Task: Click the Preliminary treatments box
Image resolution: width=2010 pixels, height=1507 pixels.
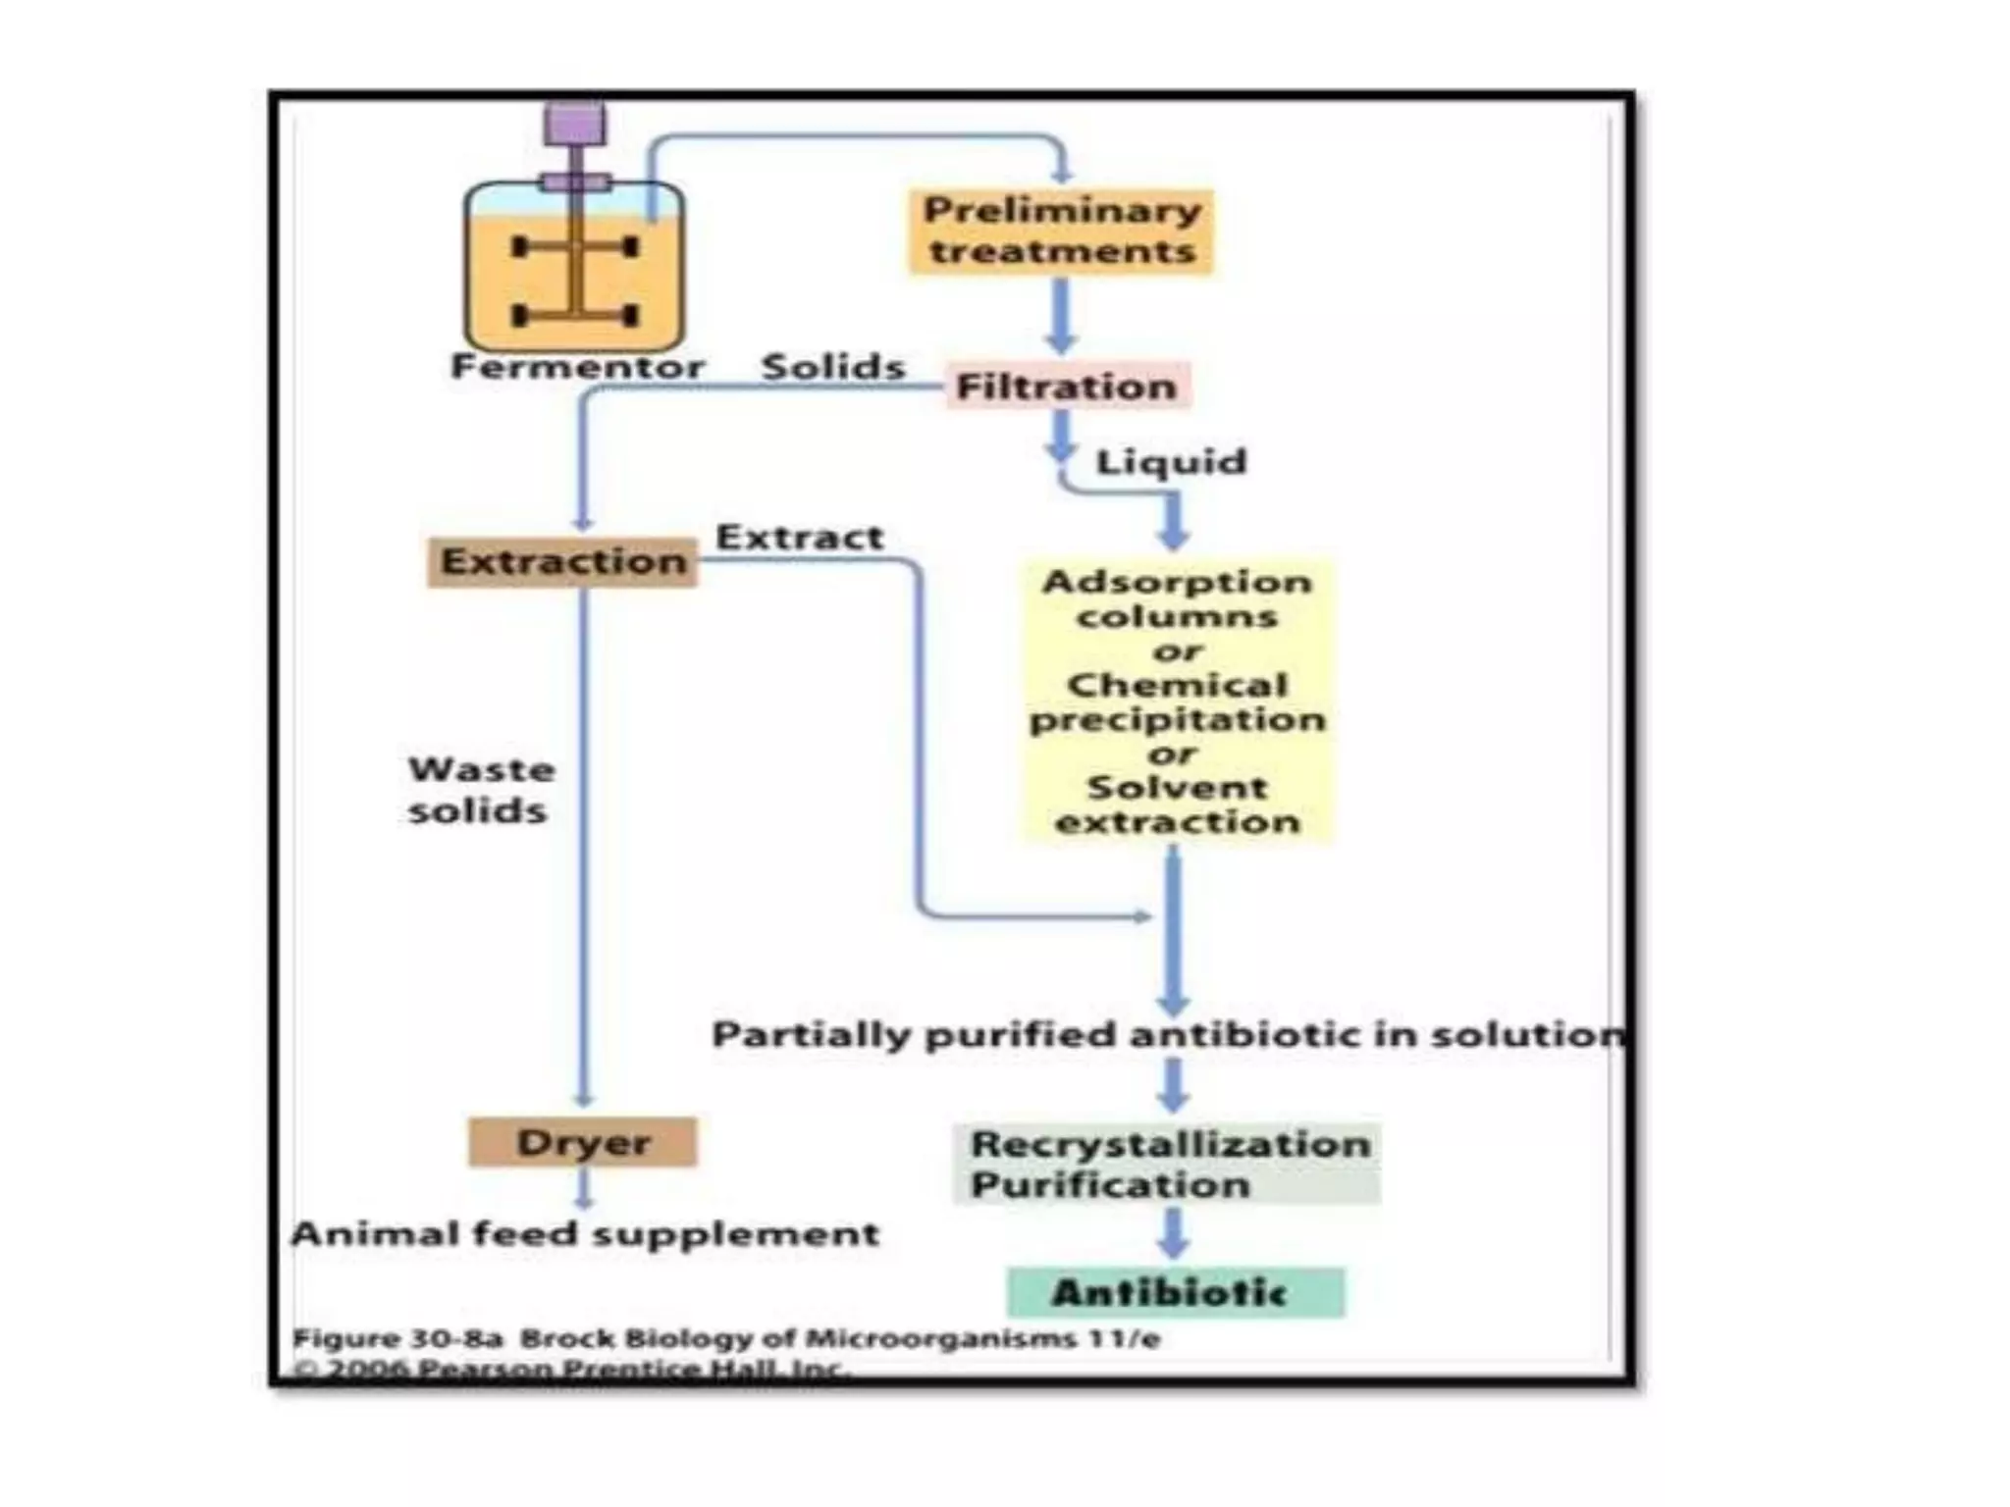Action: tap(1061, 232)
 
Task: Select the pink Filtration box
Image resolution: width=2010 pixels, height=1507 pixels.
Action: tap(1067, 387)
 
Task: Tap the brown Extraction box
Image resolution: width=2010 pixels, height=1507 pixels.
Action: tap(562, 561)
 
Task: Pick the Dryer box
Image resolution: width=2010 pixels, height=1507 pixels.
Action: tap(583, 1142)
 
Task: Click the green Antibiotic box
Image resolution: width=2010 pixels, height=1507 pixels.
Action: tap(1174, 1292)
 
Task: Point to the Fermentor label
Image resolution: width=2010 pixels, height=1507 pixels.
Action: tap(577, 367)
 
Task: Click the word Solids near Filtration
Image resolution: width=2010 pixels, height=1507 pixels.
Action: tap(832, 367)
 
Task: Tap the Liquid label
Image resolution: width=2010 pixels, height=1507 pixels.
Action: tap(1170, 461)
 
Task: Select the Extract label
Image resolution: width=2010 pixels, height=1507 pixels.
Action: tap(799, 538)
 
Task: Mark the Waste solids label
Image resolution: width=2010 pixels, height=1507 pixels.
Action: tap(480, 790)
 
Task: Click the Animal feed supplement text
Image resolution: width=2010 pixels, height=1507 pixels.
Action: tap(585, 1233)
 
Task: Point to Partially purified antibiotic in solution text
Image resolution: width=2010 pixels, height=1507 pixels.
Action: tap(1166, 1034)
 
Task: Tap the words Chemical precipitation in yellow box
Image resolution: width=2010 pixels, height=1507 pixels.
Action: tap(1177, 702)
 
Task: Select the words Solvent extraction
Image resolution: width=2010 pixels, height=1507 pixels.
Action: tap(1177, 805)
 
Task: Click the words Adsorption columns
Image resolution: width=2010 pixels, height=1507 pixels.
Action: tap(1177, 598)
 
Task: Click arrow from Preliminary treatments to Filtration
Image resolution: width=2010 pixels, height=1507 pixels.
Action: tap(1060, 314)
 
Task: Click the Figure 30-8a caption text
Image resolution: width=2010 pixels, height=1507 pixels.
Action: tap(726, 1339)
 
